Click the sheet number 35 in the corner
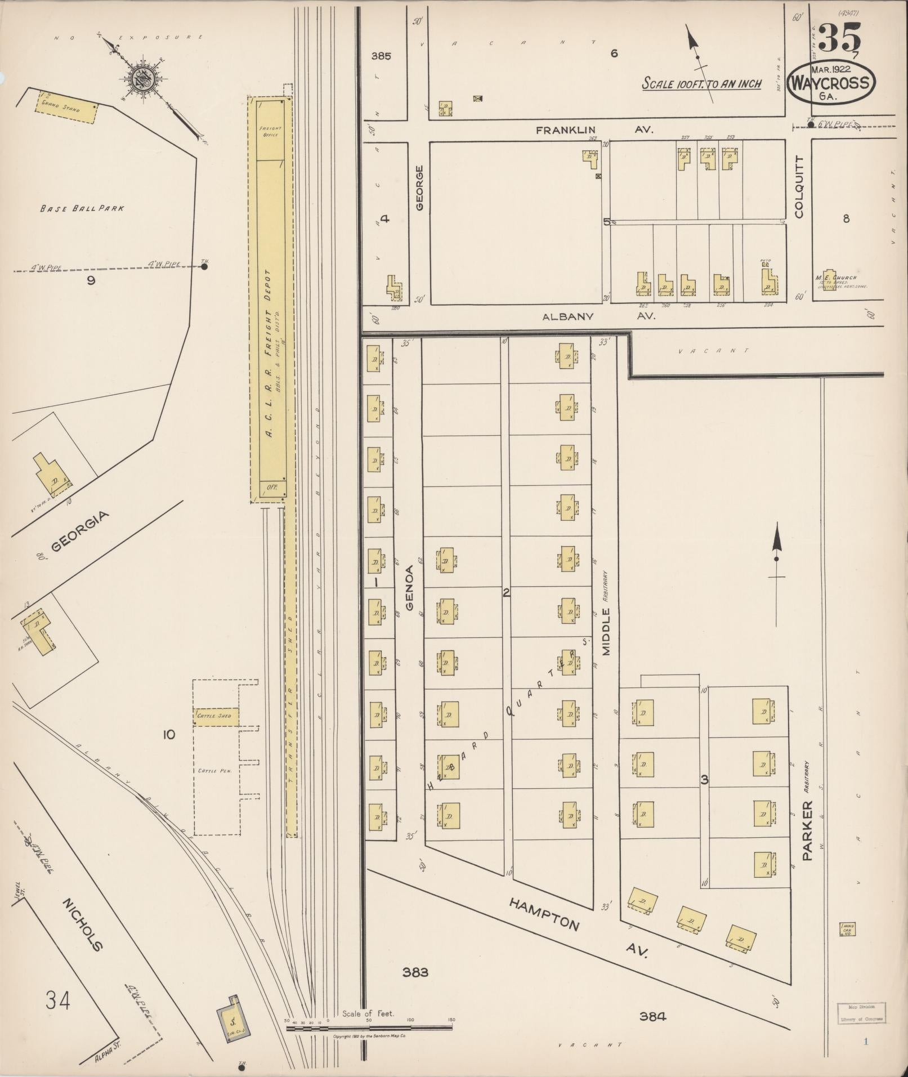[x=839, y=38]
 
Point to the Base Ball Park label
[x=82, y=208]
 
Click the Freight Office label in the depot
[x=270, y=131]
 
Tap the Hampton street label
[x=544, y=914]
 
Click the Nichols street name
[x=83, y=923]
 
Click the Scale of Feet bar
[x=369, y=1027]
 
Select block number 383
[x=415, y=972]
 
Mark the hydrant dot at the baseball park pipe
[x=205, y=267]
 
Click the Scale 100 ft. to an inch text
[x=701, y=84]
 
